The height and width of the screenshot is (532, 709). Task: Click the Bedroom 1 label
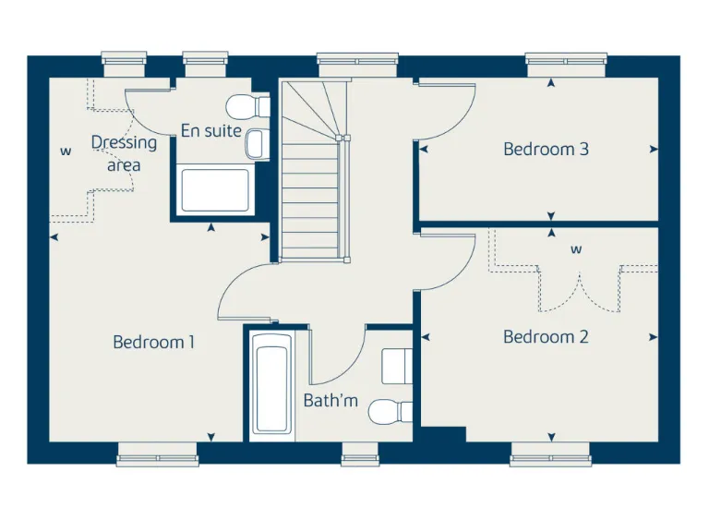(x=153, y=342)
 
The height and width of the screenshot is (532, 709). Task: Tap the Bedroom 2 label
(x=546, y=337)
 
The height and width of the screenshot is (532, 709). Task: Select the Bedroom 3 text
(x=546, y=149)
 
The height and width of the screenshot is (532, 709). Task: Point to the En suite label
(x=210, y=131)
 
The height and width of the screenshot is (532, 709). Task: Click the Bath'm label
(x=330, y=401)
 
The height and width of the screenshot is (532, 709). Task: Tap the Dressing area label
(x=124, y=154)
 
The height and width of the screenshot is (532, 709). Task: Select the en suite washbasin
(x=257, y=143)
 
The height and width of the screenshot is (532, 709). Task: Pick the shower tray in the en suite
(x=215, y=189)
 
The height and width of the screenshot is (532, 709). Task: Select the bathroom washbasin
(x=398, y=365)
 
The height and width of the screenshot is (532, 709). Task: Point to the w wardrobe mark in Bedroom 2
(x=576, y=249)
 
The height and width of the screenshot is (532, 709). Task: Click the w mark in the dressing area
(x=66, y=151)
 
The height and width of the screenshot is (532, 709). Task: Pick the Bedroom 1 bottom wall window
(x=158, y=453)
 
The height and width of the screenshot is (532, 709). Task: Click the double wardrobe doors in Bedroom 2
(x=580, y=289)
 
